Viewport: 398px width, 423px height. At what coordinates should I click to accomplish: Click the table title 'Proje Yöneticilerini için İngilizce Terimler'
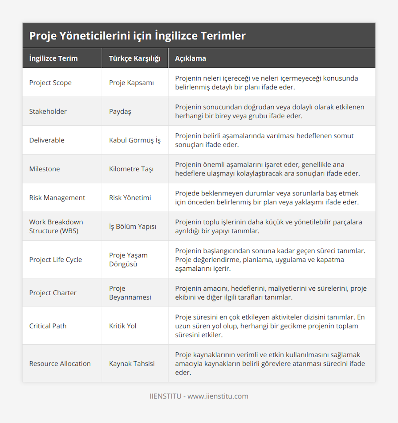[137, 36]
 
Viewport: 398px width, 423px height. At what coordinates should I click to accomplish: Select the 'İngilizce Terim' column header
[53, 58]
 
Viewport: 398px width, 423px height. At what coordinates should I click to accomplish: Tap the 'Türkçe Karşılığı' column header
[135, 58]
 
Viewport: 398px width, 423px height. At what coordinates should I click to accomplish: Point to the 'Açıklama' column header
[190, 58]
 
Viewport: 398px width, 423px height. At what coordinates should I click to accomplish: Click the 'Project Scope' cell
[50, 83]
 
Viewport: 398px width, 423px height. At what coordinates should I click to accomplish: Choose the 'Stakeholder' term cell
[48, 111]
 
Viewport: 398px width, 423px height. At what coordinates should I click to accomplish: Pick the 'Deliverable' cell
[47, 140]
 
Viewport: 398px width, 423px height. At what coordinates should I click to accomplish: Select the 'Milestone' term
[44, 169]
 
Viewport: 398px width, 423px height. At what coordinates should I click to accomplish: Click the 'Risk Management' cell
[57, 198]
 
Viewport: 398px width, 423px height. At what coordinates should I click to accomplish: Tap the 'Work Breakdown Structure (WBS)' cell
[56, 226]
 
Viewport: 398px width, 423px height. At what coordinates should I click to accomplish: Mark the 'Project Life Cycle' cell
[55, 259]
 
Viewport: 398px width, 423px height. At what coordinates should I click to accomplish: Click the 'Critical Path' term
[48, 326]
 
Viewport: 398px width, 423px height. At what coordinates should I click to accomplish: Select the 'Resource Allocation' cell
[60, 364]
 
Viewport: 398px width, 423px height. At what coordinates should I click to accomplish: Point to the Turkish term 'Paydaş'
[120, 111]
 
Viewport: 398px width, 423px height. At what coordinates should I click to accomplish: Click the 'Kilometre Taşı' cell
[131, 169]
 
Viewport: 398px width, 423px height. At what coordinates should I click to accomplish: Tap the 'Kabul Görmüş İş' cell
[135, 140]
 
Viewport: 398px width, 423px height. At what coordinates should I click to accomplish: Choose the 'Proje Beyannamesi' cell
[130, 293]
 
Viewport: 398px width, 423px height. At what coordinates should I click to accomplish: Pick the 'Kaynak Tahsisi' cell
[132, 364]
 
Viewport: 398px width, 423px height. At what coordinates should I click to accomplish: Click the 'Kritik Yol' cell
[123, 326]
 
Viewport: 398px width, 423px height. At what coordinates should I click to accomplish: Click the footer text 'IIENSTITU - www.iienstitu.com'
[199, 396]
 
